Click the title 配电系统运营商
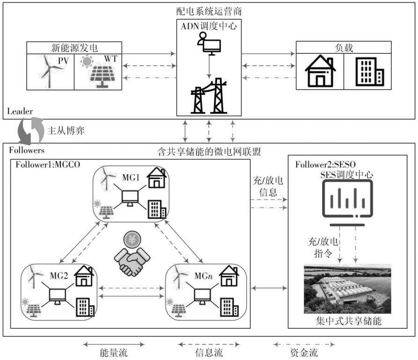click(x=209, y=11)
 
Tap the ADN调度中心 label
click(x=209, y=26)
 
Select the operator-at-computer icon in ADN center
click(x=209, y=43)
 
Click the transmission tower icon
click(x=209, y=96)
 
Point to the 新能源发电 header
click(x=74, y=48)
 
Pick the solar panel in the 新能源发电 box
click(x=102, y=76)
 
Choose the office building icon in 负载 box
click(x=370, y=72)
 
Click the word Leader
click(x=20, y=111)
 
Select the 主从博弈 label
click(x=66, y=131)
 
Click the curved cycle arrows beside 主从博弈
click(x=30, y=131)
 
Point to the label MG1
click(x=131, y=177)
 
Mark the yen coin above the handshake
click(x=132, y=240)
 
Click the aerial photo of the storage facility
click(x=347, y=289)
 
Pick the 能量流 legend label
click(x=114, y=353)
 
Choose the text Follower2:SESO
click(x=325, y=164)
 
